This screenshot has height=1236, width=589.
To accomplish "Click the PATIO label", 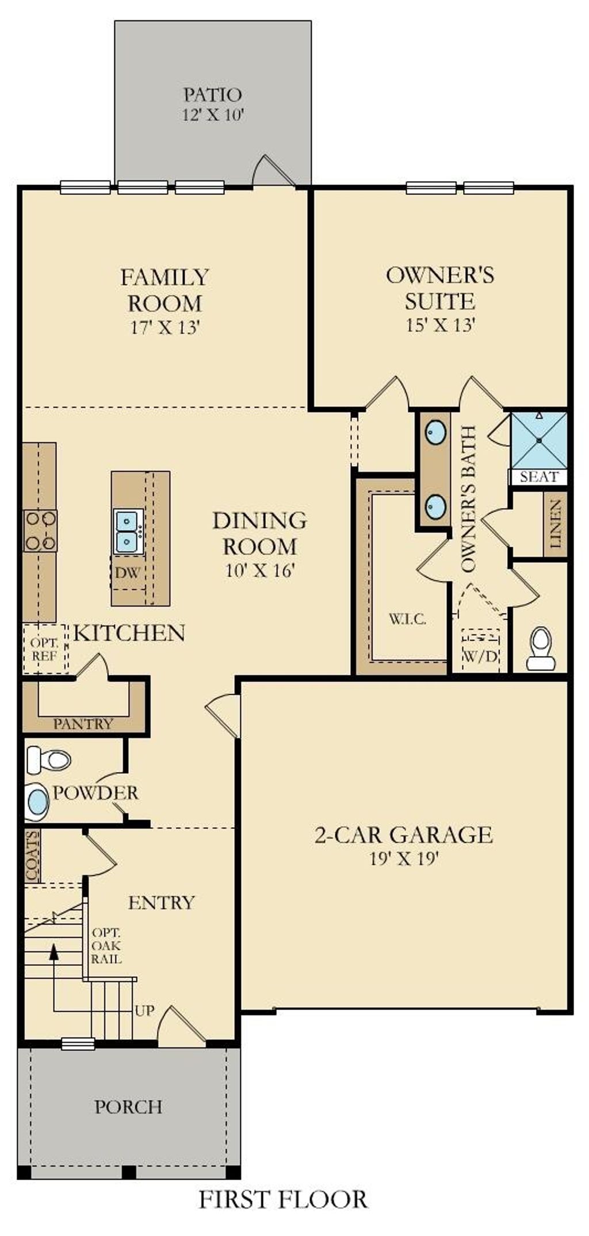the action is [x=212, y=94].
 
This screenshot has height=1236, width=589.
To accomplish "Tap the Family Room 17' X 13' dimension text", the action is [x=165, y=328].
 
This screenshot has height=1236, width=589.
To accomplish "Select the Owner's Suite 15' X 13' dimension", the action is [x=440, y=325].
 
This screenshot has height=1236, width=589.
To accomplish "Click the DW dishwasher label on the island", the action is [x=128, y=573].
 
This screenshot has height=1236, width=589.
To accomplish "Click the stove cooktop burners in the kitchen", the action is [x=40, y=531].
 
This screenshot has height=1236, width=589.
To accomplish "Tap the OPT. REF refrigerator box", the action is [x=45, y=648].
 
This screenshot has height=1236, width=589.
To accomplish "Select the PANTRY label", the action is [x=83, y=724].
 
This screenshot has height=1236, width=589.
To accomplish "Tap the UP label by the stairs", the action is [x=145, y=1010].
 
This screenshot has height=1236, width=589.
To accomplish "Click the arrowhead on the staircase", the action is [x=54, y=951].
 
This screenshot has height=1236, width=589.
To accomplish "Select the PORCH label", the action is [x=128, y=1107].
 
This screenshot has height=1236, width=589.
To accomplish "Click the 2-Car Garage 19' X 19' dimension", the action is [x=404, y=859].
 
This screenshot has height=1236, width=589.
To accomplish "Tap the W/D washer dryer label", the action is [x=480, y=657].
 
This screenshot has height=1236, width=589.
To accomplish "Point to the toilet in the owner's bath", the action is [x=540, y=648].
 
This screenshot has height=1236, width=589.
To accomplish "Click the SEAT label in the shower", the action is [x=539, y=477].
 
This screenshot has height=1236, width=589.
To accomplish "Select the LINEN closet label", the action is [x=556, y=524].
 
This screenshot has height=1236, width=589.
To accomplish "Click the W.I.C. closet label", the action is [x=407, y=620].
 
